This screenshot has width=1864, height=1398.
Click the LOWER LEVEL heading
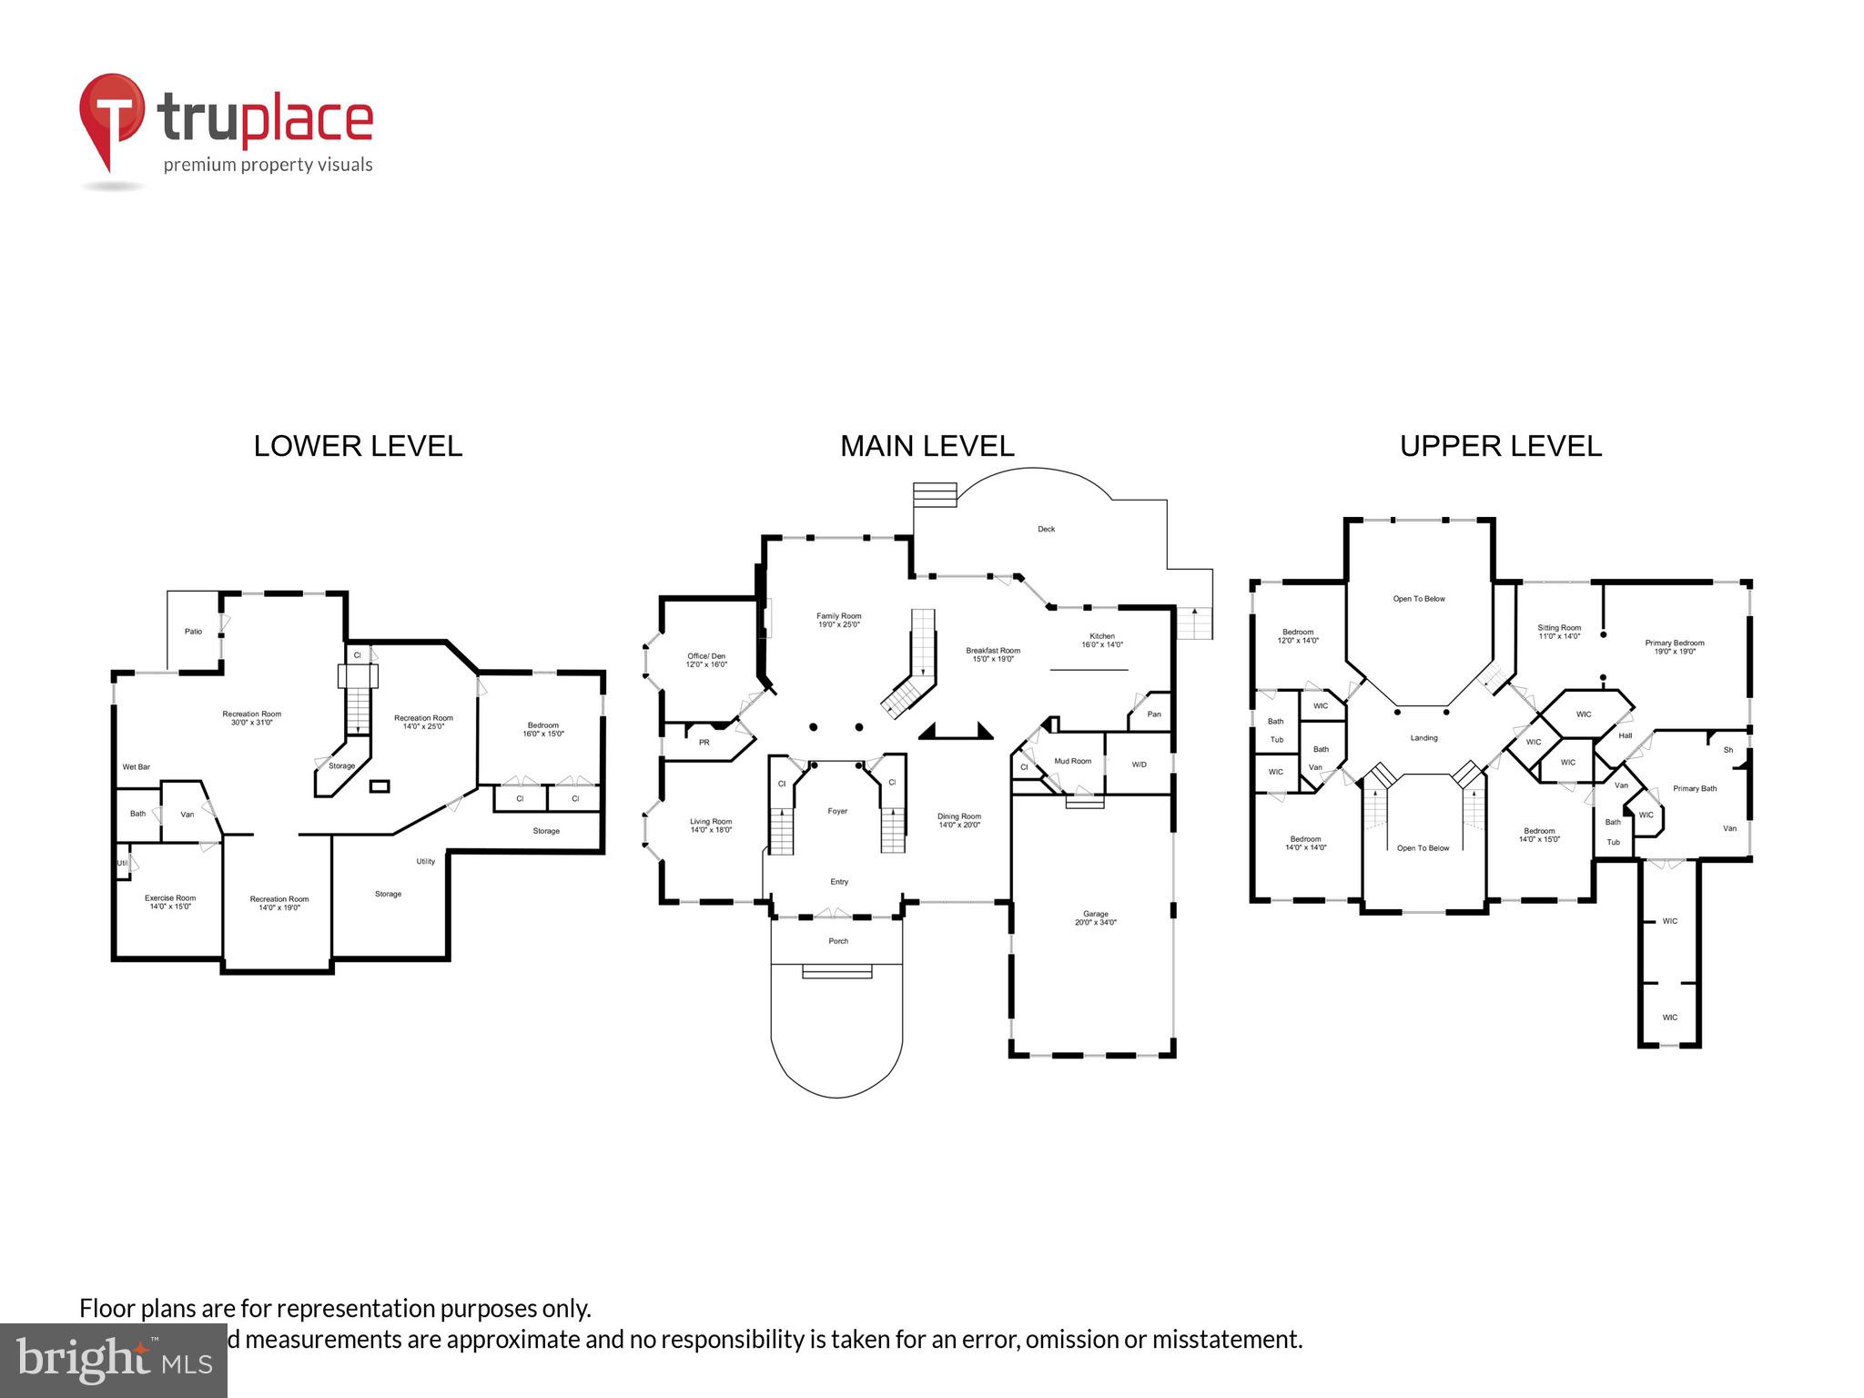[x=358, y=446]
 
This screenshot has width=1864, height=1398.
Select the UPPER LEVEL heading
[x=1500, y=446]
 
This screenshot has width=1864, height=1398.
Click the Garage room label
[x=1095, y=917]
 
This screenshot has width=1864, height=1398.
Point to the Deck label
[x=1046, y=529]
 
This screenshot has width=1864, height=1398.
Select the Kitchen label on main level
[x=1101, y=640]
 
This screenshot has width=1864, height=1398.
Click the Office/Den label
[x=706, y=660]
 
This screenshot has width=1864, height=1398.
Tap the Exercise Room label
[x=170, y=902]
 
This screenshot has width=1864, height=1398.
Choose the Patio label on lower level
[x=193, y=632]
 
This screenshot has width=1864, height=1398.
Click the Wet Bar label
[x=137, y=767]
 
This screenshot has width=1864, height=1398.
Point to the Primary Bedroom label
[x=1674, y=647]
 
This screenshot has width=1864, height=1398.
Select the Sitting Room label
[x=1559, y=632]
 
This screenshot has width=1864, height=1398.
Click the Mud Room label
[x=1072, y=761]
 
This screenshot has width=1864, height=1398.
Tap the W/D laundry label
[x=1139, y=765]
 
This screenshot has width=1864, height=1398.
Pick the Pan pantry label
[x=1153, y=714]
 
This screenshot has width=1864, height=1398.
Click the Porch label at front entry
[x=838, y=941]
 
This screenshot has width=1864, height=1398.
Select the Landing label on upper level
[x=1423, y=738]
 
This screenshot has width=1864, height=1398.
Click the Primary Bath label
[x=1694, y=788]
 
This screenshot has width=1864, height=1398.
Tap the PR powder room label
[x=704, y=743]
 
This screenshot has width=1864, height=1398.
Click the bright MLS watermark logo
[x=114, y=1360]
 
